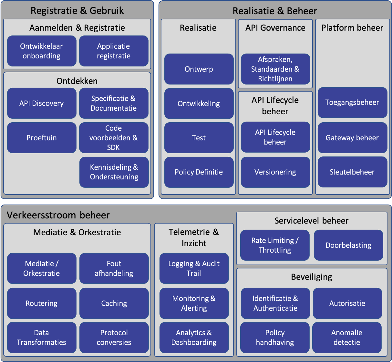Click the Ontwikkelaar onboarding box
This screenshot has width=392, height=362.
coord(42,51)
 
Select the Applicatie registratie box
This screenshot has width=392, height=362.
coord(114,51)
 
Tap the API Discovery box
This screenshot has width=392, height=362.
coord(42,103)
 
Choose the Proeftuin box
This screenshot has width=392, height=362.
coord(42,138)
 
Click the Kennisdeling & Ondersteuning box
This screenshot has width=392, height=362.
coord(114,172)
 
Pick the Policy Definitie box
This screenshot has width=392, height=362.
coord(199,172)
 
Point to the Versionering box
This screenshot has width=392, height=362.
coord(275,172)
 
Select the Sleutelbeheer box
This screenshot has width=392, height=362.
coord(352,172)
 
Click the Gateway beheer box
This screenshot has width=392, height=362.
coord(352,138)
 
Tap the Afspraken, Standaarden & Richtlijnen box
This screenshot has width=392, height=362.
coord(275,69)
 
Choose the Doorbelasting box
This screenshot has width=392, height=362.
coord(348,245)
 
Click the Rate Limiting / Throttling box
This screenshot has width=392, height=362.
coord(275,245)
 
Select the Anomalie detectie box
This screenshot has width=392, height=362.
coord(347,337)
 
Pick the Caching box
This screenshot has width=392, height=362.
coord(114,303)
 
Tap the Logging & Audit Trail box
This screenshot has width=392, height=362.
coord(194,268)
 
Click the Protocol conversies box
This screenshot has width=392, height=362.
coord(114,337)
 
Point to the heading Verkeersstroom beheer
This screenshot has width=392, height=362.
coord(58,215)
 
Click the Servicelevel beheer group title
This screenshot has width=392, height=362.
coord(312,221)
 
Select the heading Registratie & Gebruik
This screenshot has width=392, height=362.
coord(77,11)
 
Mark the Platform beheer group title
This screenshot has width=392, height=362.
coord(352,28)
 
